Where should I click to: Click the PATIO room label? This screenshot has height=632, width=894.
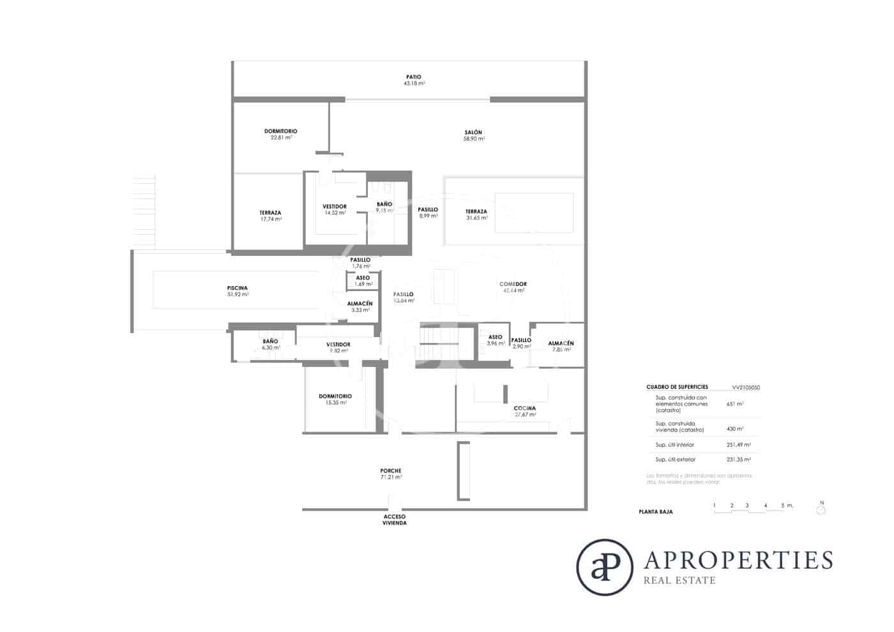pyautogui.click(x=413, y=77)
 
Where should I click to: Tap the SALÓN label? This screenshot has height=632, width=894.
pyautogui.click(x=473, y=132)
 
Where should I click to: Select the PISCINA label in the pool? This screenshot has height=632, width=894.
pyautogui.click(x=237, y=288)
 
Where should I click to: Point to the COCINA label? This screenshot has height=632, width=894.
pyautogui.click(x=524, y=408)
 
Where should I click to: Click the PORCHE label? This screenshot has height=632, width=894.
pyautogui.click(x=391, y=470)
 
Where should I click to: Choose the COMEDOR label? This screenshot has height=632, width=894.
pyautogui.click(x=513, y=284)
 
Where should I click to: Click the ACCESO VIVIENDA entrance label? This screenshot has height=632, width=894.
pyautogui.click(x=395, y=520)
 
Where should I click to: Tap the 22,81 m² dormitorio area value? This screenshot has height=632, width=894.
pyautogui.click(x=280, y=137)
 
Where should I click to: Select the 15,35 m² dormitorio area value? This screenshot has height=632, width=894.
pyautogui.click(x=335, y=402)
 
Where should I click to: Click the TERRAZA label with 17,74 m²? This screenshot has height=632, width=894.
pyautogui.click(x=270, y=213)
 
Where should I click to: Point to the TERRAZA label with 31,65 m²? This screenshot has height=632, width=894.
pyautogui.click(x=476, y=211)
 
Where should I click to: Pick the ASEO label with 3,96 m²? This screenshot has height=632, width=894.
pyautogui.click(x=495, y=337)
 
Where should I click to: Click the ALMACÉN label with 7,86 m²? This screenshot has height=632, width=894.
pyautogui.click(x=561, y=343)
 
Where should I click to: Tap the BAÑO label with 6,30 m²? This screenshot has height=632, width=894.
pyautogui.click(x=270, y=342)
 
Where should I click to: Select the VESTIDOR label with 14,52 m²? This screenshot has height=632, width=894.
pyautogui.click(x=335, y=206)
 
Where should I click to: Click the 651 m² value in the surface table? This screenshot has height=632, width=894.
pyautogui.click(x=734, y=403)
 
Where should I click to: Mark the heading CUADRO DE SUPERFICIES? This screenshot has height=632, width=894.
pyautogui.click(x=677, y=387)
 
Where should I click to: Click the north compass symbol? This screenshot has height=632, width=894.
pyautogui.click(x=821, y=509)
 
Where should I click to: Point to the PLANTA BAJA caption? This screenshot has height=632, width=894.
pyautogui.click(x=655, y=511)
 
